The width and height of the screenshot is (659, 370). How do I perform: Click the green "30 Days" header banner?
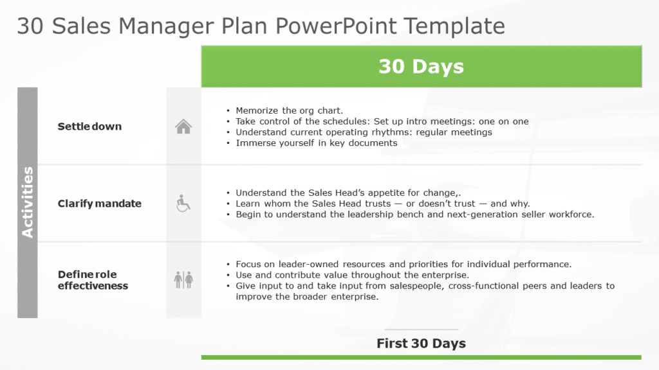(421, 66)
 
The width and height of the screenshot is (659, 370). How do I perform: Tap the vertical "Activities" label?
(27, 202)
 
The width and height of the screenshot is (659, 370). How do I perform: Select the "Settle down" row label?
(89, 127)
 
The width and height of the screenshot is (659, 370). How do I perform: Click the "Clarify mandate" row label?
(99, 204)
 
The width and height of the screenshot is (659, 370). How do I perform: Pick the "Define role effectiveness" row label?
(93, 280)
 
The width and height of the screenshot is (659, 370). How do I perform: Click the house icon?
(183, 127)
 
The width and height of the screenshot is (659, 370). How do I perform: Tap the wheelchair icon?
(183, 204)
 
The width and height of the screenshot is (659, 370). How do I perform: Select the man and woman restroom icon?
(183, 279)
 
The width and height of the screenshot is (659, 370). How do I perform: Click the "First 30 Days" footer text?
(421, 343)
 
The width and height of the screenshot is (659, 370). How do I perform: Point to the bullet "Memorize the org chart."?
(289, 110)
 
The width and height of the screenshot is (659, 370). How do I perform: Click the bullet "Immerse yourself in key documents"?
(316, 143)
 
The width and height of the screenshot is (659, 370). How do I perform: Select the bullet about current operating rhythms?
(364, 132)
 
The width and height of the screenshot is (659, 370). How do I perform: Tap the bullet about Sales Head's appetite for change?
(348, 193)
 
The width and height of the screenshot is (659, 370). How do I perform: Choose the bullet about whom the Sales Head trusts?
(382, 204)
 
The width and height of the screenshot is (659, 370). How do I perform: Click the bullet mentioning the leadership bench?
(414, 215)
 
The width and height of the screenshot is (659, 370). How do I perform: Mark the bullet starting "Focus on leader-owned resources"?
(403, 264)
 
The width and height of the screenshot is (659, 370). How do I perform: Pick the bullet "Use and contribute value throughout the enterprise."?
(352, 275)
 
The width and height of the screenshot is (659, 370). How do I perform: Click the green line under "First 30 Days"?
(421, 357)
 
